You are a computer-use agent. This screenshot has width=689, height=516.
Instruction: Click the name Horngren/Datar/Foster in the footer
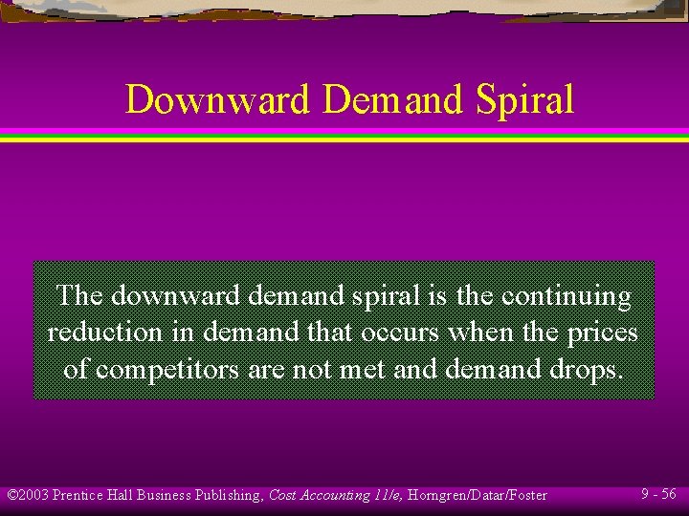[478, 495]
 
